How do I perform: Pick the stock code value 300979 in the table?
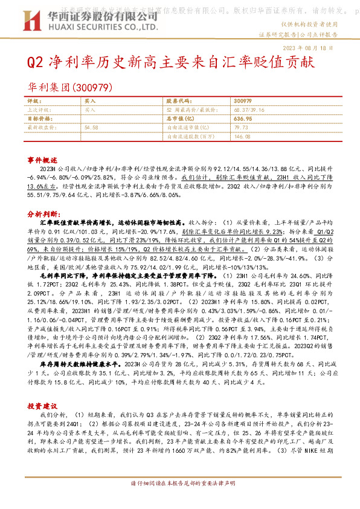[x=242, y=101]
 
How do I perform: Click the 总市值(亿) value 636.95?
[x=242, y=119]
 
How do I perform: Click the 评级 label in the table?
[x=34, y=101]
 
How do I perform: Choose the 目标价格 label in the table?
[x=39, y=119]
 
